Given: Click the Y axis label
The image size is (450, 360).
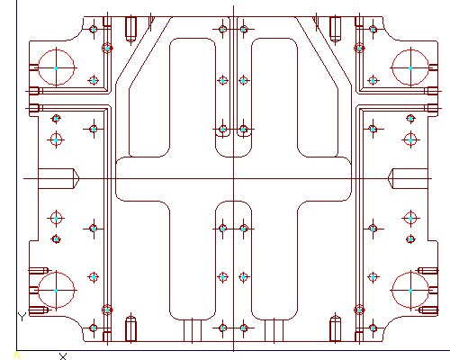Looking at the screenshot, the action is (22, 317).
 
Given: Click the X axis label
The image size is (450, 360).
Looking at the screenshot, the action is (63, 356).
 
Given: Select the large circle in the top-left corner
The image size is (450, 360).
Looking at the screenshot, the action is (57, 50).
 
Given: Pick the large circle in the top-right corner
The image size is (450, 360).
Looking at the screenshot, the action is (410, 50).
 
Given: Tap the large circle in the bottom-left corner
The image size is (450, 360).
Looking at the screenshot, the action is (57, 273).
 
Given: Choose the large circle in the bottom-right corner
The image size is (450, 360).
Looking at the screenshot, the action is (410, 273).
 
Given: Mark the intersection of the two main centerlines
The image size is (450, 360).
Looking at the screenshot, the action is (233, 179).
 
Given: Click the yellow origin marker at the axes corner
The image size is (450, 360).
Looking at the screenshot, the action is (17, 355).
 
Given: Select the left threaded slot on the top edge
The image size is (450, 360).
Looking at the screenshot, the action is (130, 29).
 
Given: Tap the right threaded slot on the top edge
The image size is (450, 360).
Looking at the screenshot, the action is (336, 29).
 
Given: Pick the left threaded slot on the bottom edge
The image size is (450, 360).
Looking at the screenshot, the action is (130, 329).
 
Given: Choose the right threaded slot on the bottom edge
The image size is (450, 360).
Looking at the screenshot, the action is (336, 329).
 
